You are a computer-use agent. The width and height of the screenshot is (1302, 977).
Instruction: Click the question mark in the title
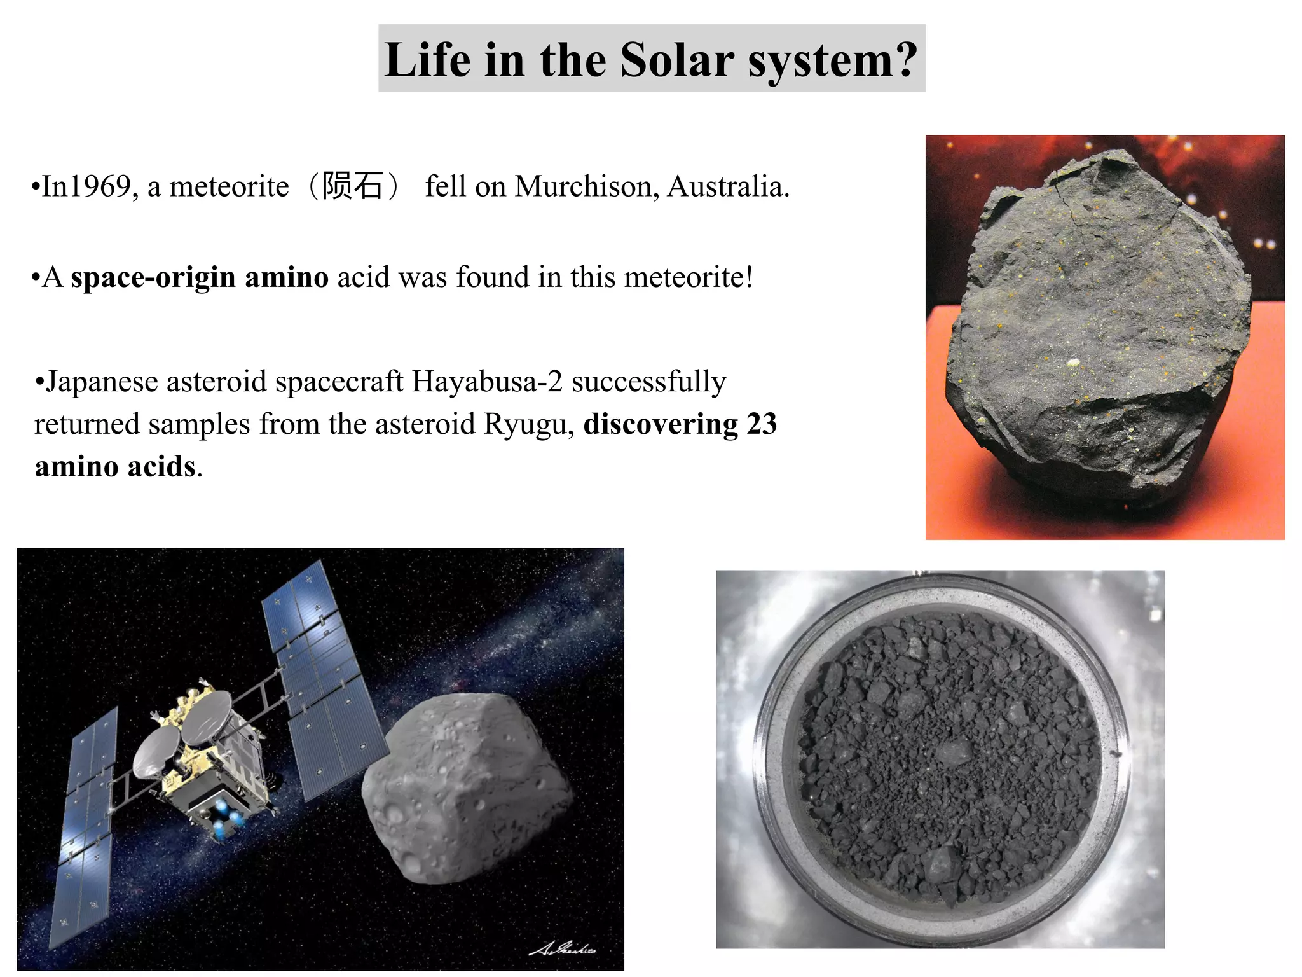[x=901, y=60]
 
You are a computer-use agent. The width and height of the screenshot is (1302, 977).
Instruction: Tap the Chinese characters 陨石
[x=352, y=186]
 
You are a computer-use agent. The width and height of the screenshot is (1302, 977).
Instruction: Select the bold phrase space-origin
[x=153, y=278]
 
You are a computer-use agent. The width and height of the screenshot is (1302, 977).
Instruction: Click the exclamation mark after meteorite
[x=749, y=277]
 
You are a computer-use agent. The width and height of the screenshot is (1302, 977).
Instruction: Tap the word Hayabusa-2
[x=487, y=382]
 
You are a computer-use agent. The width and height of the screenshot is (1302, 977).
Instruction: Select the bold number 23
[x=761, y=424]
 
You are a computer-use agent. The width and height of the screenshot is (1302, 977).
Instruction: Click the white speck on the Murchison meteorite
[x=1073, y=363]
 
